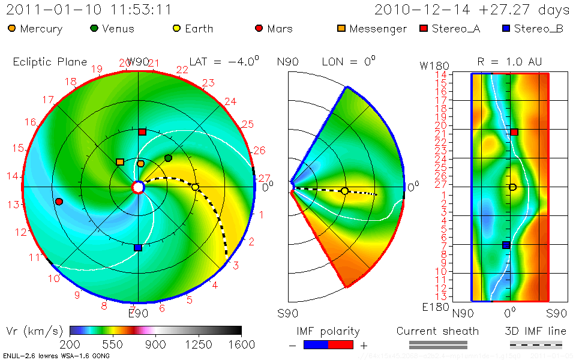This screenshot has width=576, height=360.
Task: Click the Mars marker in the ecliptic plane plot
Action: pos(59,202)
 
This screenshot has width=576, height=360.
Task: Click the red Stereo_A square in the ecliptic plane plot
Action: pos(142,131)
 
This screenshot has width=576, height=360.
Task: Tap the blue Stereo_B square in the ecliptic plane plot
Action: pos(138,247)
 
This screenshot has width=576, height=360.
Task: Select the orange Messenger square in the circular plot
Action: pos(120,162)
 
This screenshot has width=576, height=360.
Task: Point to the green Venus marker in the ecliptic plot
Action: pos(169,158)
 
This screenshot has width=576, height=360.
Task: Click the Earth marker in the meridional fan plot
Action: pos(344,191)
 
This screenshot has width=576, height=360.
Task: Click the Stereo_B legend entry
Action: pos(532,29)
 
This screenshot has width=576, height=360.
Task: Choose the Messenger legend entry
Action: pos(372,29)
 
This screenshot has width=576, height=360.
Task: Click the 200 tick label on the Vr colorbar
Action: pos(70,344)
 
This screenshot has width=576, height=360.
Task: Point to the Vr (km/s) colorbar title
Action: pos(34,331)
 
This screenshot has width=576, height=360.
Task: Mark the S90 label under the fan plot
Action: pos(287,313)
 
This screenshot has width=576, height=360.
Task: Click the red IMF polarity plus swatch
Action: pos(341,344)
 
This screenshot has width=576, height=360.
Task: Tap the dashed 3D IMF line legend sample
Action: pos(535,344)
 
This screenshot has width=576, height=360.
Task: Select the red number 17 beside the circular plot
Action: pos(49,100)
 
